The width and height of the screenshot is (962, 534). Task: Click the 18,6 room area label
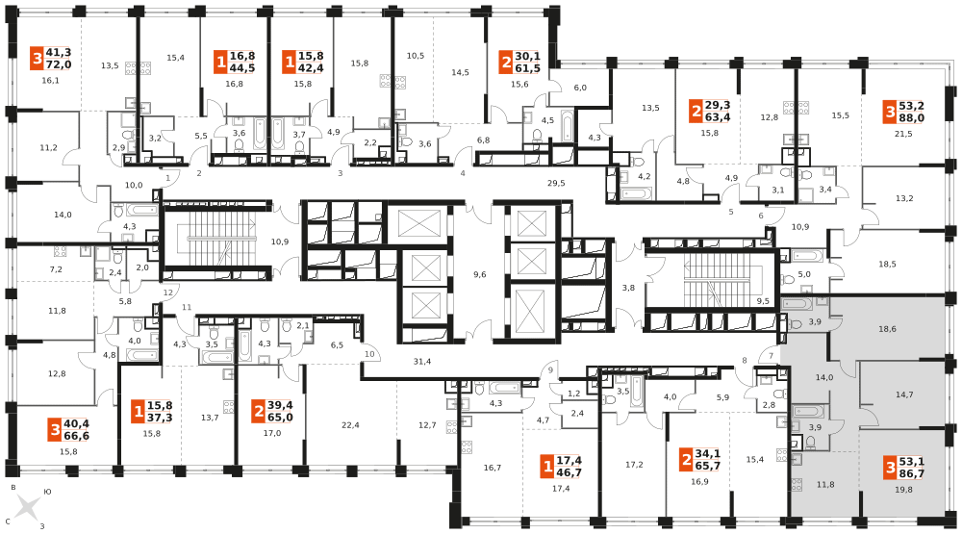(x=887, y=329)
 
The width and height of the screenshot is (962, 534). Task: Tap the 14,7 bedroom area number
(x=904, y=394)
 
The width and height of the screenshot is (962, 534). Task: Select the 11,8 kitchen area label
(x=825, y=484)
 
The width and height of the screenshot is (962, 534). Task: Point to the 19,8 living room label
(x=903, y=490)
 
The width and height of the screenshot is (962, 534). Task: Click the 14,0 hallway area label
(x=824, y=377)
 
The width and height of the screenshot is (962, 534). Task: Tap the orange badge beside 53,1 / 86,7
(x=891, y=468)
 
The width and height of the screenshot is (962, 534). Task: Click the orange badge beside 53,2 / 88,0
(x=890, y=112)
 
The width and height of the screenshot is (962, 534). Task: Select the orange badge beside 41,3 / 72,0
(x=37, y=59)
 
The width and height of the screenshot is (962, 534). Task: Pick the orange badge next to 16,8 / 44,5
(x=220, y=63)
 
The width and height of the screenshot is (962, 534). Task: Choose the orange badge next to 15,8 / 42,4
(x=289, y=63)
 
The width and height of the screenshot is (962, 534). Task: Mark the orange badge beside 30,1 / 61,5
(x=506, y=63)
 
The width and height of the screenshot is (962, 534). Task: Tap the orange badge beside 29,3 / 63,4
(x=696, y=112)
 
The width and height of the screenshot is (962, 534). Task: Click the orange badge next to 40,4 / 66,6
(x=55, y=429)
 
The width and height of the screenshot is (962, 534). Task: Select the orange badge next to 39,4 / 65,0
(x=258, y=412)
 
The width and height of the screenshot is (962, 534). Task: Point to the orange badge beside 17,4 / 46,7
(x=547, y=468)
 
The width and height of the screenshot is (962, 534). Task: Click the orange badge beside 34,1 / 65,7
(x=686, y=459)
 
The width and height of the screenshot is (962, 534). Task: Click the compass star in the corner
(x=27, y=507)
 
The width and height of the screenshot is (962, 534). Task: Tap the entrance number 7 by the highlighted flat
(x=771, y=356)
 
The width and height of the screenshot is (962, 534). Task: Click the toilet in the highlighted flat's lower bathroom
(x=811, y=443)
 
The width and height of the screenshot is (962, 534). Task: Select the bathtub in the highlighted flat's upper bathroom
(x=797, y=304)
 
